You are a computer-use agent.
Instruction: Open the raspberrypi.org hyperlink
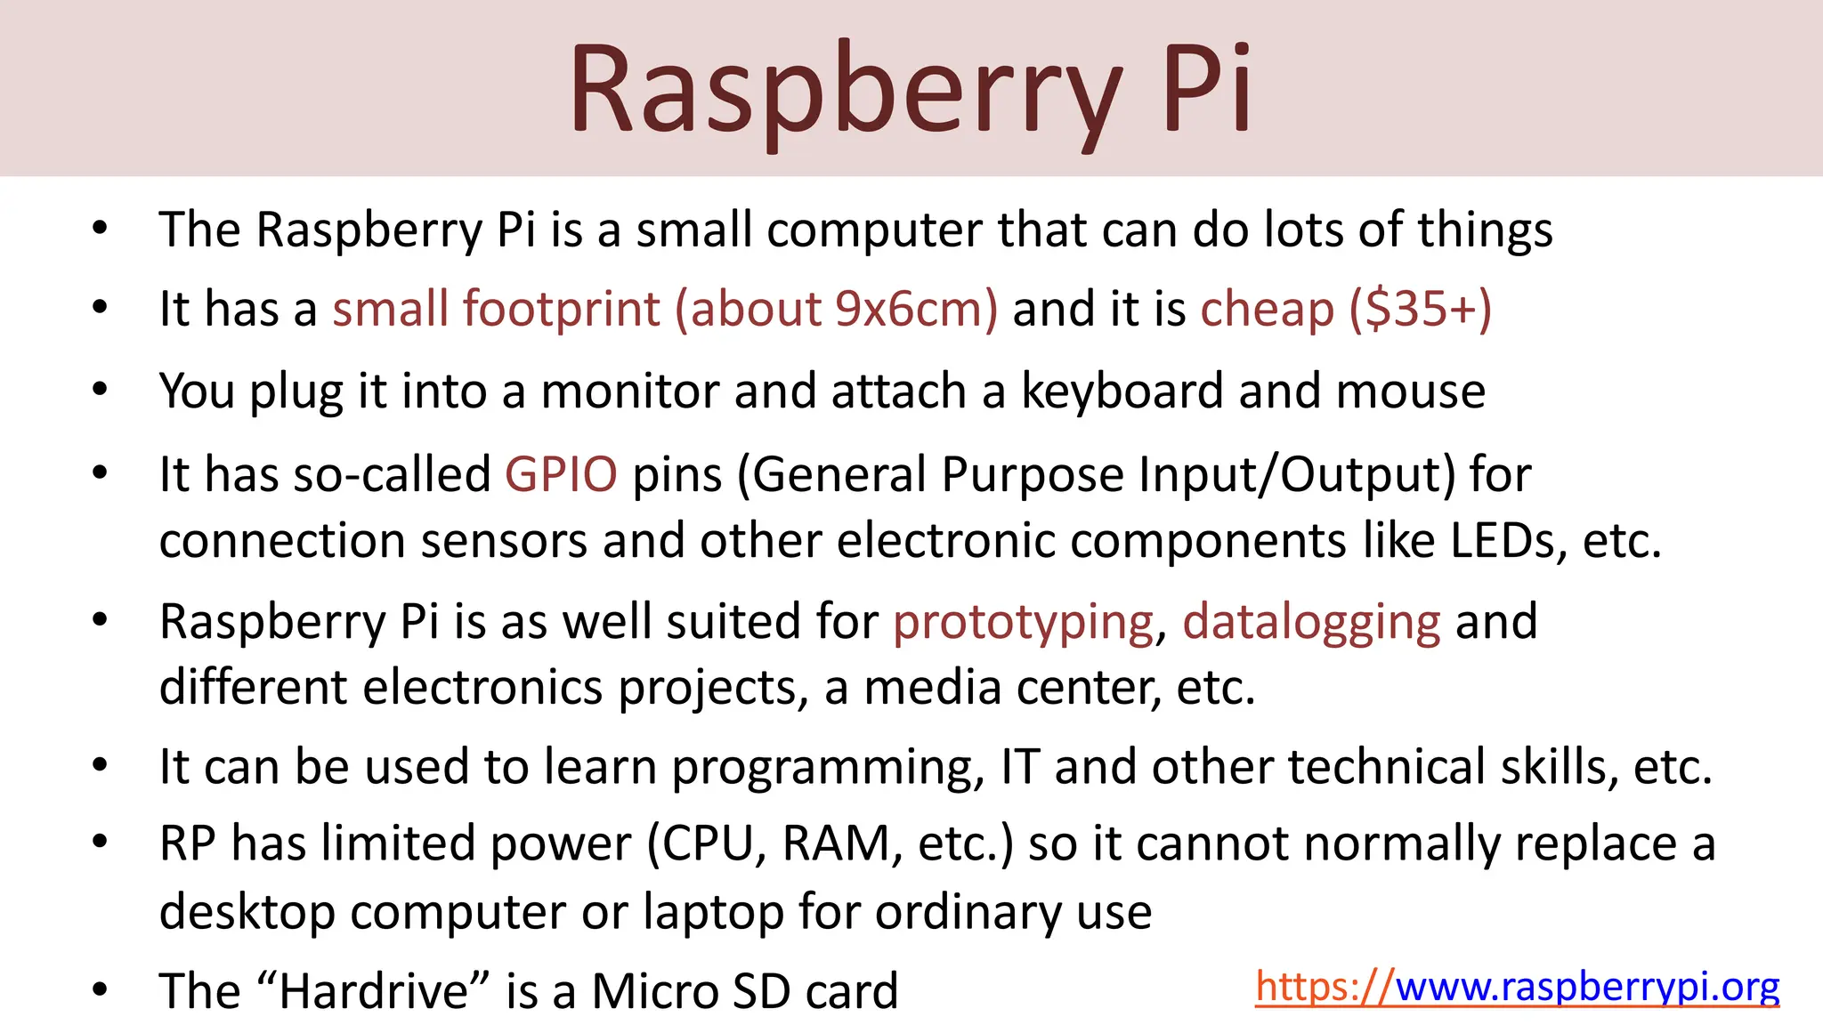1517,987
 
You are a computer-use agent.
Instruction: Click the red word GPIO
561,473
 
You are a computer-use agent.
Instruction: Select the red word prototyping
1024,621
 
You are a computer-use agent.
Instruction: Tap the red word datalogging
1311,621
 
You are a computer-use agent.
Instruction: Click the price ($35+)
1421,309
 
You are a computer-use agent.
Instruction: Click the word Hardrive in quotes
373,990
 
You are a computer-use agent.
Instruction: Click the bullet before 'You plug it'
100,389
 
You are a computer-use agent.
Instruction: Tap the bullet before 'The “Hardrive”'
100,989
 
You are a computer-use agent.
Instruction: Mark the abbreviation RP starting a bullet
188,843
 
